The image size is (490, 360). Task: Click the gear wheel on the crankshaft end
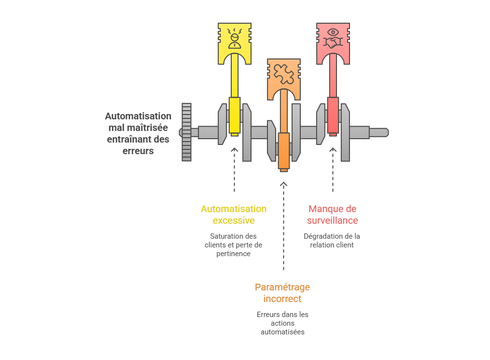click(x=186, y=132)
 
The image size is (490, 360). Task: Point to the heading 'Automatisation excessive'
click(x=234, y=215)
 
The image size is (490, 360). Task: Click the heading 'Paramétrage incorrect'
click(x=282, y=293)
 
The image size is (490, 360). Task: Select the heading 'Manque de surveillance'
click(x=333, y=215)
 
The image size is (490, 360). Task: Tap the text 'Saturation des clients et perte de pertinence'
click(x=234, y=245)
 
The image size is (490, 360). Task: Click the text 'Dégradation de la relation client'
click(x=332, y=241)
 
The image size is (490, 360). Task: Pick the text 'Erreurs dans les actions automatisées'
click(x=282, y=323)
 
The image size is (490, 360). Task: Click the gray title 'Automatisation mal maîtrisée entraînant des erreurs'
click(x=138, y=133)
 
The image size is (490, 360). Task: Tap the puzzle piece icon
click(x=283, y=73)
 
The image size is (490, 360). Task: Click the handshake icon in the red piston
click(x=333, y=43)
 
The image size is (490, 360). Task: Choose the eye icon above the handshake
click(x=333, y=32)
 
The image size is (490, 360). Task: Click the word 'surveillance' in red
click(x=333, y=220)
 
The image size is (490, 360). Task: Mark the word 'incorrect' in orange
click(x=282, y=299)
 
